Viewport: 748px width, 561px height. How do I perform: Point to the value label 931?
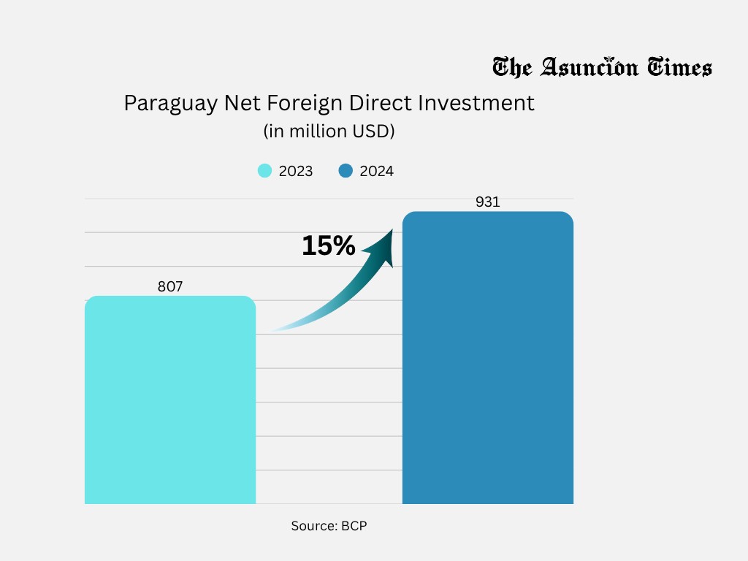(487, 202)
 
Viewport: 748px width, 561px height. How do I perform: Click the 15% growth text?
(328, 246)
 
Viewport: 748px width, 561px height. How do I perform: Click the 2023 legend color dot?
(264, 171)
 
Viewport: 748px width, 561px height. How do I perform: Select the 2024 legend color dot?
(346, 171)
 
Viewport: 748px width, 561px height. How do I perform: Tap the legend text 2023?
(296, 172)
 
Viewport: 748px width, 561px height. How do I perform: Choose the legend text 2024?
(377, 172)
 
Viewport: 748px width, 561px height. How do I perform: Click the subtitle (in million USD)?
(329, 131)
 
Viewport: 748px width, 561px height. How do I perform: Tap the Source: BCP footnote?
(329, 526)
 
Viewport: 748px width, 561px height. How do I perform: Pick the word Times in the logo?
(679, 68)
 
